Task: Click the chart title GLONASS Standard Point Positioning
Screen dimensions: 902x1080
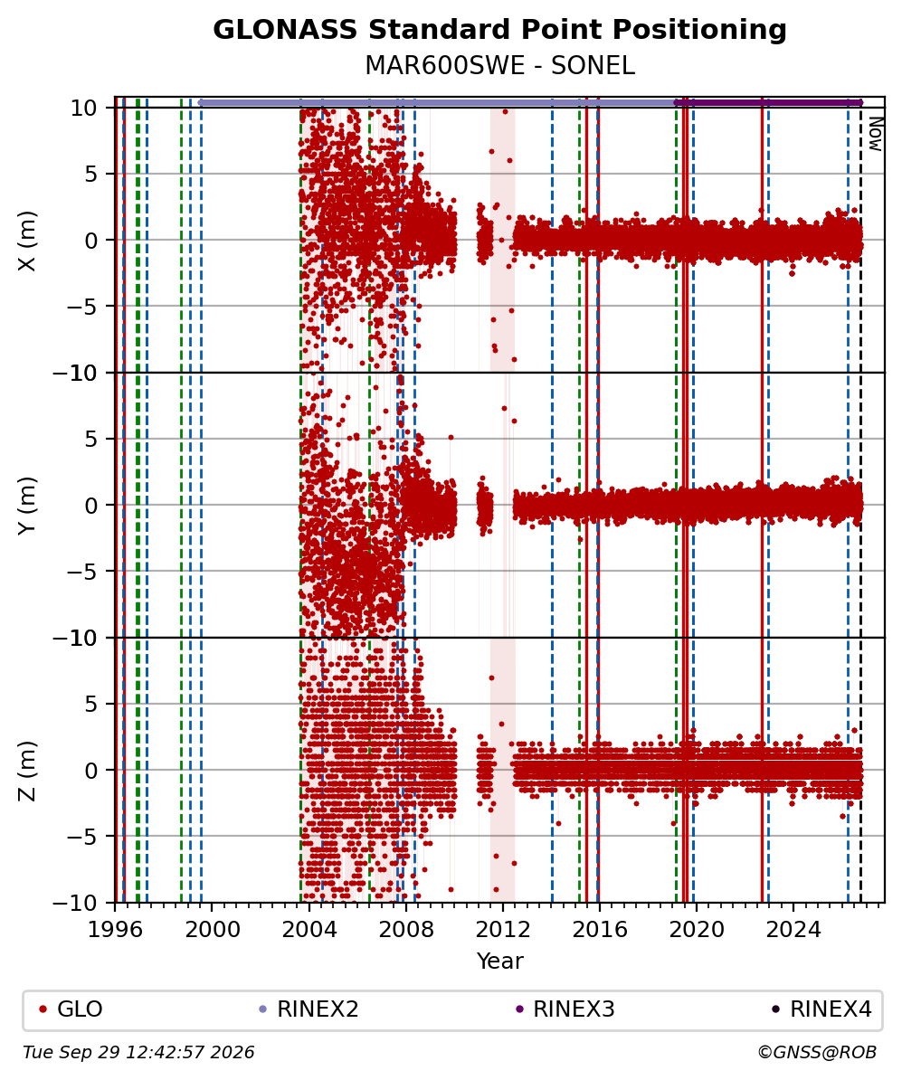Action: click(x=499, y=30)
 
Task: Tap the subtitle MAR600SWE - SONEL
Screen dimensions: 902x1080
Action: click(x=499, y=65)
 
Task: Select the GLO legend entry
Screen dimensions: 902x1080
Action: click(x=71, y=1009)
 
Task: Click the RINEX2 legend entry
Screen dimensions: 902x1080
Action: click(x=309, y=1009)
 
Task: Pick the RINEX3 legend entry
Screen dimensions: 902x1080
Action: click(x=565, y=1009)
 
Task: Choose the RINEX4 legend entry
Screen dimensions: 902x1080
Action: click(x=821, y=1009)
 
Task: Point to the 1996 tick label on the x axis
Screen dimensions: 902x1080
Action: click(x=115, y=930)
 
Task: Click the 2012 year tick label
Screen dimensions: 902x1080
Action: click(x=503, y=930)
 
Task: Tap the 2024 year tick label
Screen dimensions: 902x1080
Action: click(x=793, y=930)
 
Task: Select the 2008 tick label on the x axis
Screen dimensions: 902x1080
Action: click(x=406, y=930)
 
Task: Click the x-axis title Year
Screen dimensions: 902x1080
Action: click(x=499, y=961)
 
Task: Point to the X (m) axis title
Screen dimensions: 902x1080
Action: click(x=27, y=241)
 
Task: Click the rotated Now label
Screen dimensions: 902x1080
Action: click(x=875, y=134)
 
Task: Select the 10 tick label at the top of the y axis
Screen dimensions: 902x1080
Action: click(x=83, y=109)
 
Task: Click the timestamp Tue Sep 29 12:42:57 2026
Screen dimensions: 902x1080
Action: click(x=138, y=1053)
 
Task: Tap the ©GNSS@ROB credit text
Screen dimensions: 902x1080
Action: click(x=817, y=1053)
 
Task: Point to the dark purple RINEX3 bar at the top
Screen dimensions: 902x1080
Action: click(x=768, y=102)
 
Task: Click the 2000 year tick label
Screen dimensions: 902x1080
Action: click(x=213, y=930)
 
